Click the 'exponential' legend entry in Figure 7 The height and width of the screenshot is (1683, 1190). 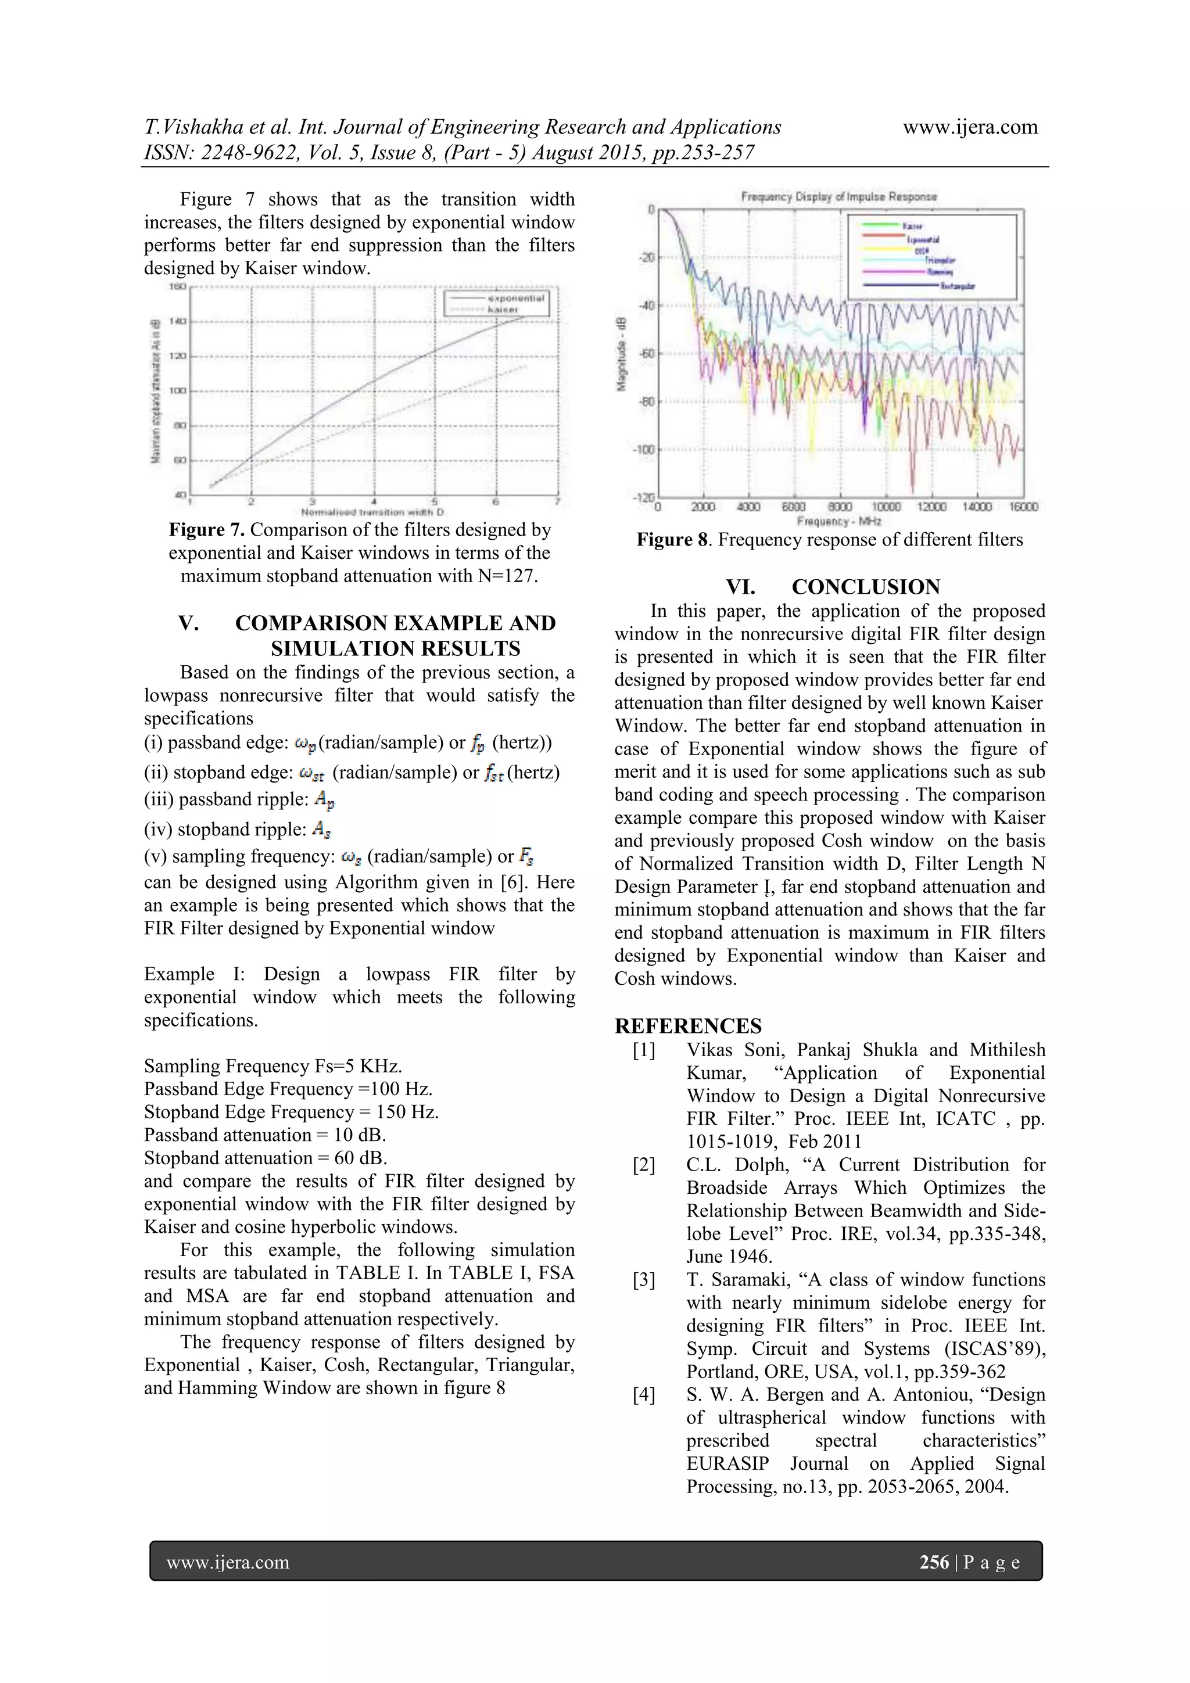tap(515, 299)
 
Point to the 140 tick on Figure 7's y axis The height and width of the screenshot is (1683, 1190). tap(179, 321)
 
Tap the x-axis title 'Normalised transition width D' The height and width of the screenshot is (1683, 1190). tap(372, 512)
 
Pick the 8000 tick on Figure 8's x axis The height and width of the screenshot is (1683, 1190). tap(840, 507)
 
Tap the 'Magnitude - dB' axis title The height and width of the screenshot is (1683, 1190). tap(622, 355)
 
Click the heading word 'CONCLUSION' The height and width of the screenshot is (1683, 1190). tap(865, 587)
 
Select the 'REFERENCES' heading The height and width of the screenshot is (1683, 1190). tap(688, 1025)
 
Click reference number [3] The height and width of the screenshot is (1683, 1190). tap(644, 1280)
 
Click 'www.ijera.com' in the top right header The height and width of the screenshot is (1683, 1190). tap(969, 127)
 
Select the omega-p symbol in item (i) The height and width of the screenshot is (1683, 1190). tap(304, 744)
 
